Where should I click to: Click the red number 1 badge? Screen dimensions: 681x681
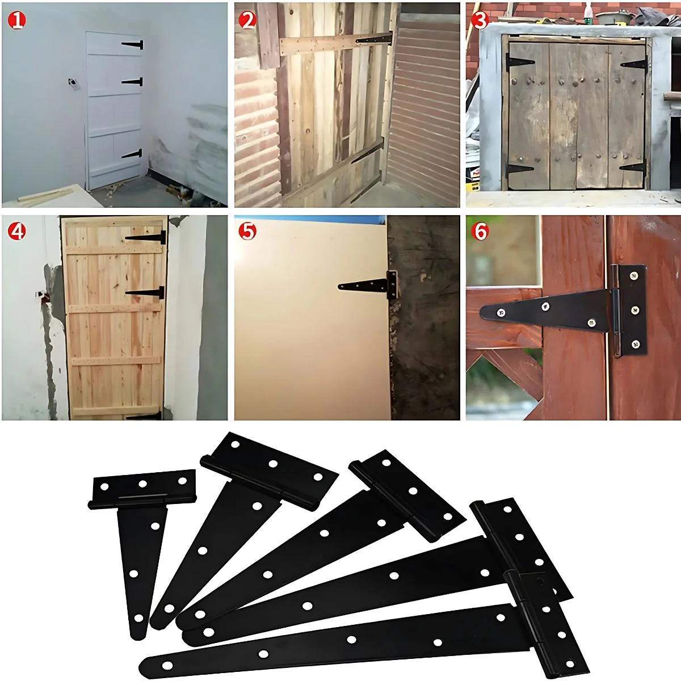[16, 20]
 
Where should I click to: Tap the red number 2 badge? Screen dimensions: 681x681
[247, 20]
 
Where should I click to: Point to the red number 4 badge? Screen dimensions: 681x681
[16, 232]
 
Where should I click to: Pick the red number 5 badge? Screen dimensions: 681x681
[247, 232]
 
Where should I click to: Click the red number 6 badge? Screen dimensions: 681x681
[480, 232]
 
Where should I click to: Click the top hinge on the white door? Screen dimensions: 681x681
[133, 45]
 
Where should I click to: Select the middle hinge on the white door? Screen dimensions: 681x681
[133, 82]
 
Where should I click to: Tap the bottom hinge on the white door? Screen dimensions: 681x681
[132, 154]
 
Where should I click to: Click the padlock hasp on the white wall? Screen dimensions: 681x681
[73, 84]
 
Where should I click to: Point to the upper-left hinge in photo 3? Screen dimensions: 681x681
[519, 62]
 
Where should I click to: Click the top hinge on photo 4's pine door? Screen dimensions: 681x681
[146, 237]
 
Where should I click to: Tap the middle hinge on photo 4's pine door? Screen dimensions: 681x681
[145, 293]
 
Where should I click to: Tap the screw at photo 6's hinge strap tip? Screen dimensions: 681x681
[501, 312]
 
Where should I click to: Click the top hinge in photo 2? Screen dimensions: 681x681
[374, 39]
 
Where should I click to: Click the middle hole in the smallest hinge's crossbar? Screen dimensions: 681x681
[143, 484]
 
